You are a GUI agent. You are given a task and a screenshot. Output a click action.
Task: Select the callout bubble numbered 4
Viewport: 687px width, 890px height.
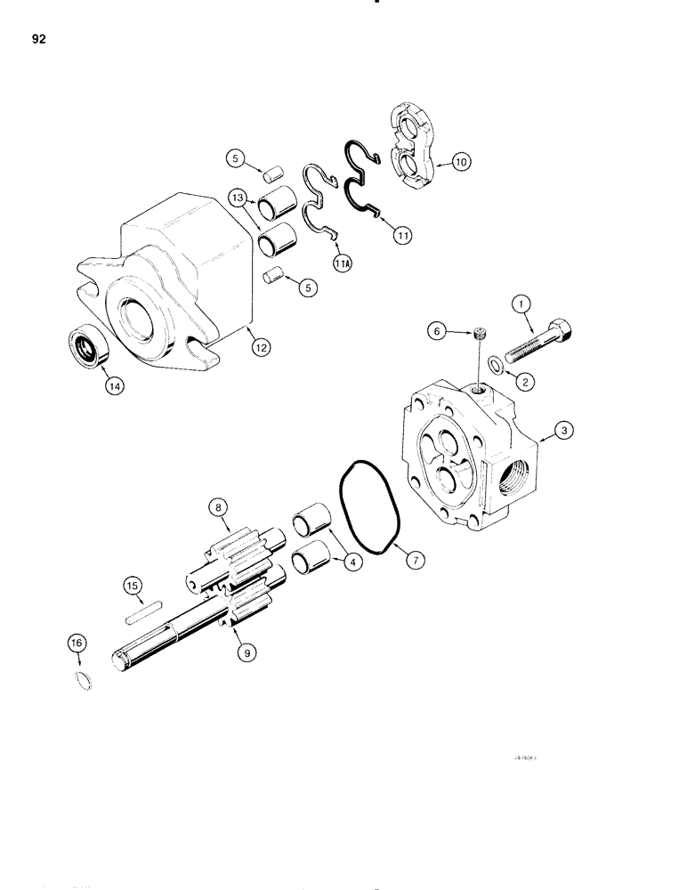coord(354,562)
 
